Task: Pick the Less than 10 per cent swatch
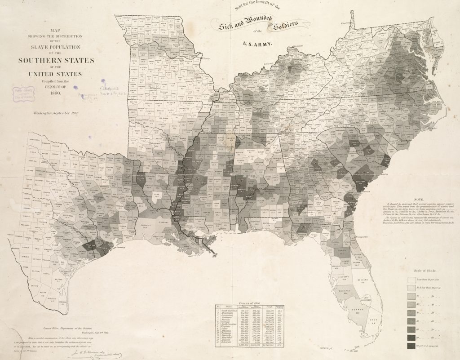click(411, 279)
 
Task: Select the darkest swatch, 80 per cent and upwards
click(411, 346)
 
